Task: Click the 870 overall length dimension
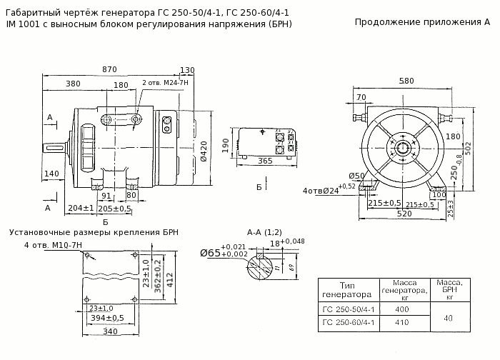pyautogui.click(x=109, y=69)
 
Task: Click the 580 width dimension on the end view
pyautogui.click(x=407, y=81)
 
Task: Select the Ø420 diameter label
pyautogui.click(x=204, y=151)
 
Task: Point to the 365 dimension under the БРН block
pyautogui.click(x=264, y=161)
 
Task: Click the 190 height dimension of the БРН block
pyautogui.click(x=226, y=146)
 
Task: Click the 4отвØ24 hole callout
pyautogui.click(x=319, y=191)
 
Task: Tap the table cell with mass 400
pyautogui.click(x=401, y=309)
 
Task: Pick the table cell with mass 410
pyautogui.click(x=401, y=323)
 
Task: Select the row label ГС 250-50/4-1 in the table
pyautogui.click(x=349, y=309)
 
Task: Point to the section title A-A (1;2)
pyautogui.click(x=264, y=232)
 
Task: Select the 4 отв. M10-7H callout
pyautogui.click(x=54, y=246)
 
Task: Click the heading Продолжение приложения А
pyautogui.click(x=421, y=22)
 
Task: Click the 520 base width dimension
pyautogui.click(x=404, y=214)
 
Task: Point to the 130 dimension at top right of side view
pyautogui.click(x=187, y=70)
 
